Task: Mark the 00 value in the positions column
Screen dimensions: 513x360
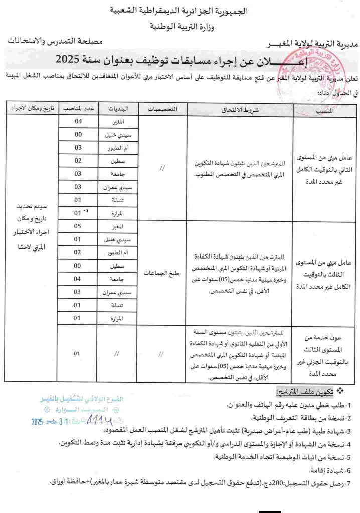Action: [x=78, y=136]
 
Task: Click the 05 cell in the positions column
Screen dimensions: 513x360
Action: [x=78, y=226]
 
